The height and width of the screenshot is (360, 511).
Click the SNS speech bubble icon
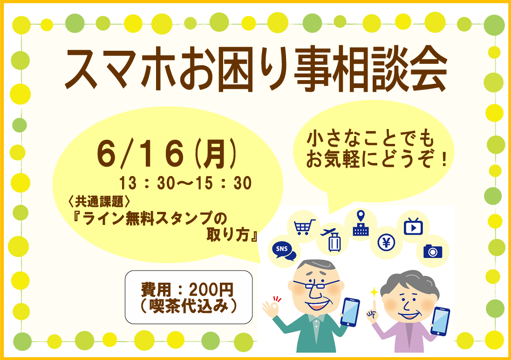click(x=284, y=251)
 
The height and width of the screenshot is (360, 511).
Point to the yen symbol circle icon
click(x=387, y=242)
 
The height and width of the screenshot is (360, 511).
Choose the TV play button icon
click(x=413, y=226)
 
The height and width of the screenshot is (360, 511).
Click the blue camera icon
click(x=433, y=251)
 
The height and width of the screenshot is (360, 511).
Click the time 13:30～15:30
click(x=185, y=183)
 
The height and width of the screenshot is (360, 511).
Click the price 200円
click(x=211, y=289)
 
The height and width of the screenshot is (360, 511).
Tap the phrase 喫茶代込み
click(x=189, y=306)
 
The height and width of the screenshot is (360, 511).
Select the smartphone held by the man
click(x=350, y=312)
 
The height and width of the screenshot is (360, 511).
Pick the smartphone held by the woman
click(x=440, y=321)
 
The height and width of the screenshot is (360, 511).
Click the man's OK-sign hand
click(x=272, y=307)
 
